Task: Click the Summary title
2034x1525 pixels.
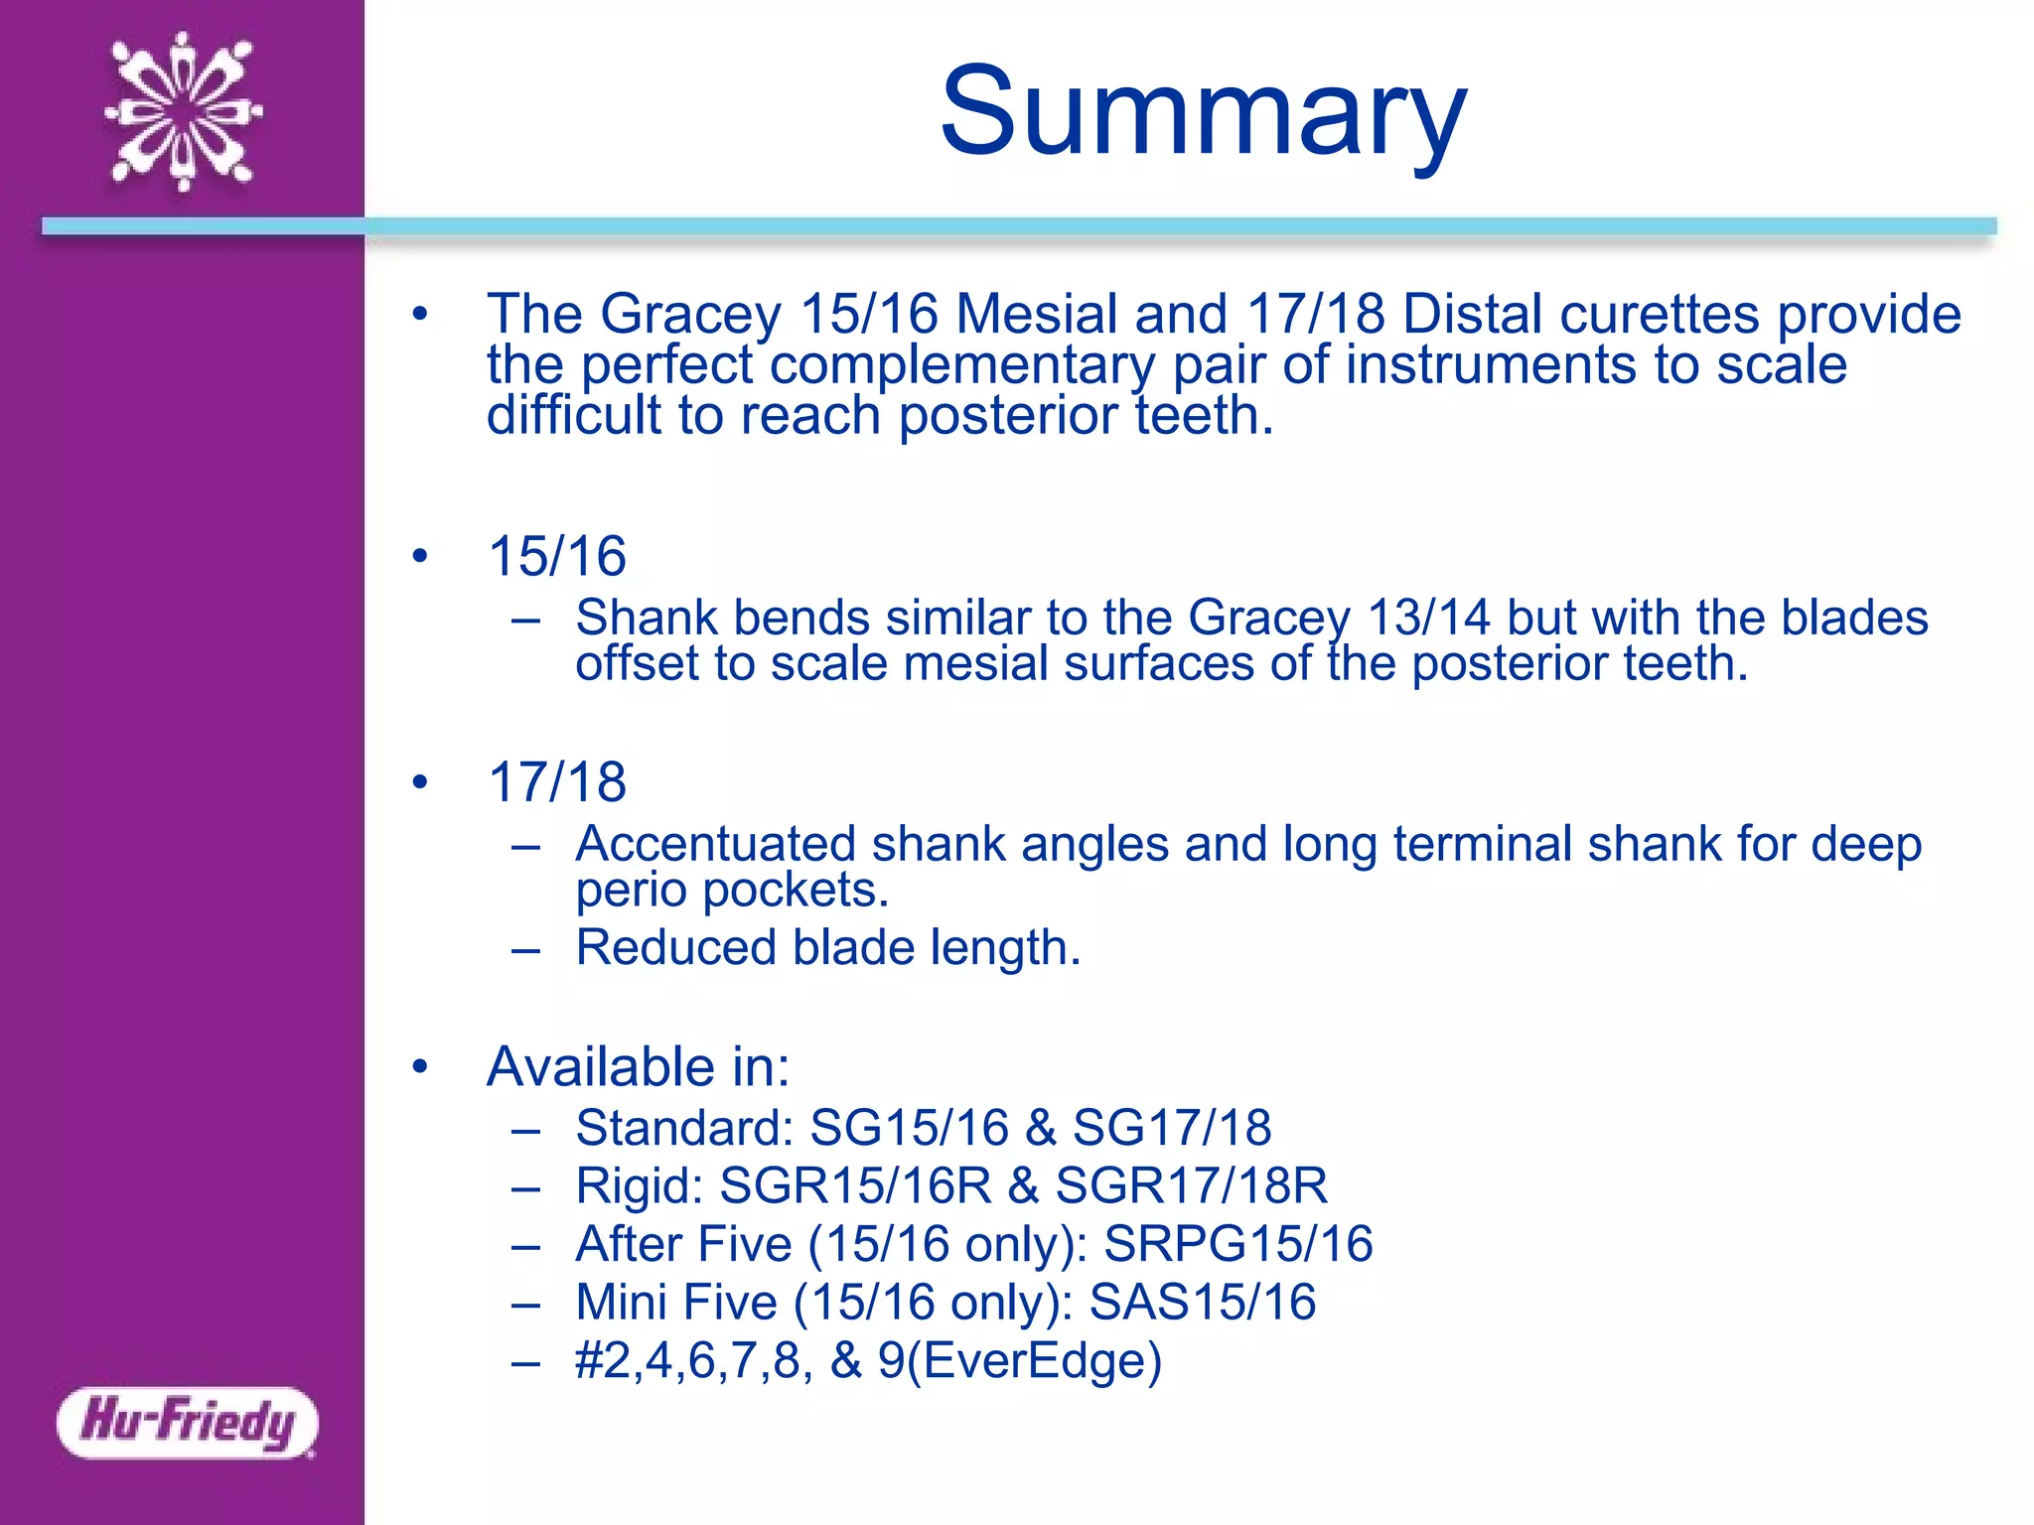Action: pos(1203,111)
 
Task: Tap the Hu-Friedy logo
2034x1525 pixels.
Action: pos(188,1423)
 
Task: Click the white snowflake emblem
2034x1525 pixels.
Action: pos(184,111)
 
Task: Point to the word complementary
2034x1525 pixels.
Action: pos(962,365)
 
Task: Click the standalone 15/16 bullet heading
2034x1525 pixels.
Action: pos(557,556)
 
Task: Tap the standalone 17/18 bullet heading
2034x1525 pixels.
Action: pos(557,782)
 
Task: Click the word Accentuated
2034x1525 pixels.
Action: pos(715,844)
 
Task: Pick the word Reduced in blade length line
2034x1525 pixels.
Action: pos(675,947)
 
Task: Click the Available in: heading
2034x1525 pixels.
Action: pos(639,1067)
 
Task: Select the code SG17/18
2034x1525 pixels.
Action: pos(1172,1128)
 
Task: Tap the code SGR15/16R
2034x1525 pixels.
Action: pos(855,1185)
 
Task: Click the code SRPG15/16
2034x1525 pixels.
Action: pos(1238,1244)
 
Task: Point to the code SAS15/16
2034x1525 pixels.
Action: pos(1203,1303)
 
